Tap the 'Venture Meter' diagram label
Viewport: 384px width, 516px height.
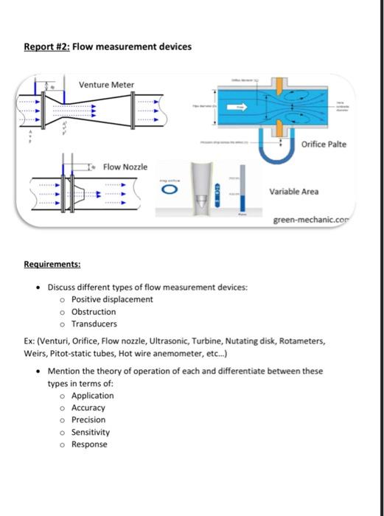(106, 85)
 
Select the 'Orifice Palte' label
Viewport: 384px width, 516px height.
(324, 144)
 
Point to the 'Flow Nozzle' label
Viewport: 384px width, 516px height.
(125, 167)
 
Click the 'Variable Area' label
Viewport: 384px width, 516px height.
(294, 192)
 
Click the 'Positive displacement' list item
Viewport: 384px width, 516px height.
(112, 299)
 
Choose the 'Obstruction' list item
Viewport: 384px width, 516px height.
(94, 312)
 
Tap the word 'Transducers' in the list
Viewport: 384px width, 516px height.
(94, 324)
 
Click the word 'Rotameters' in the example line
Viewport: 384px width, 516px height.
(301, 341)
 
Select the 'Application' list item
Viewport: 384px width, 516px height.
(93, 396)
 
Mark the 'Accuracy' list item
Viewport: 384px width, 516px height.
(88, 408)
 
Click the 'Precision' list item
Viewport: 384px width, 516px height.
(88, 419)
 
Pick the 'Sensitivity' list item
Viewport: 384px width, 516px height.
(91, 432)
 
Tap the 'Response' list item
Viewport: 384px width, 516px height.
(89, 444)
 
